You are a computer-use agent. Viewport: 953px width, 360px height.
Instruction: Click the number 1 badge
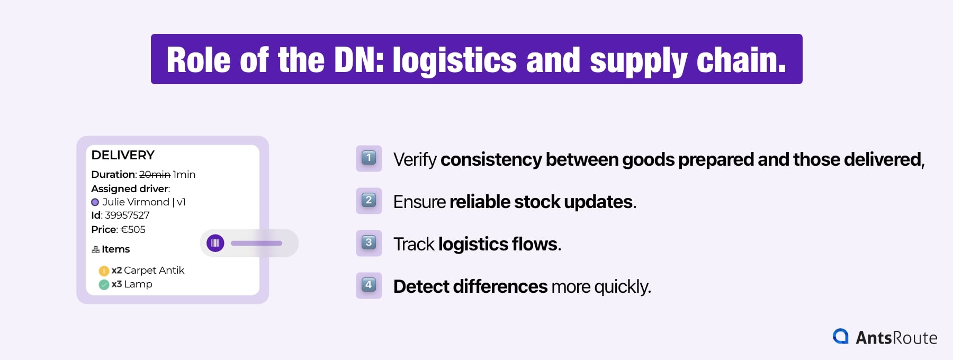click(x=369, y=158)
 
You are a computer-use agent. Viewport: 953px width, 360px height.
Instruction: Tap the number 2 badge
click(x=369, y=200)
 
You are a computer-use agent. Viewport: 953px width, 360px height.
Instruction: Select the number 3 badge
click(x=369, y=242)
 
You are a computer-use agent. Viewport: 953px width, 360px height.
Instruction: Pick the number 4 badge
click(x=369, y=285)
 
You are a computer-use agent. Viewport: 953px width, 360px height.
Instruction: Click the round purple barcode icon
click(x=215, y=243)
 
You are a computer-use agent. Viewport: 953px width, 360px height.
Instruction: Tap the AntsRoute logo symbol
click(x=840, y=337)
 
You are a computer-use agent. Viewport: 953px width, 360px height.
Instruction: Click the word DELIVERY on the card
click(x=123, y=155)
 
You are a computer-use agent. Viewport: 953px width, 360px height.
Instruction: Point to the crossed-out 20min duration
click(x=155, y=174)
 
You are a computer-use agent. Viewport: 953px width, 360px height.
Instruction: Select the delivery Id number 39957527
click(x=127, y=215)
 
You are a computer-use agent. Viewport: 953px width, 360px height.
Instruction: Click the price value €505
click(x=133, y=229)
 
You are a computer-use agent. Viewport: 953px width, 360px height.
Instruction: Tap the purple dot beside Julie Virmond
click(x=95, y=202)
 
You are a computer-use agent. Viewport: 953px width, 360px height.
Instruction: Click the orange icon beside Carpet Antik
click(x=104, y=271)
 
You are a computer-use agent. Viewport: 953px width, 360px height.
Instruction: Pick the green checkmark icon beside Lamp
click(x=104, y=285)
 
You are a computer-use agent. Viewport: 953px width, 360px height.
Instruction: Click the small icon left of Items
click(x=96, y=249)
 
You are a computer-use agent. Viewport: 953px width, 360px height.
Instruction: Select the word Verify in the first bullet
click(x=415, y=159)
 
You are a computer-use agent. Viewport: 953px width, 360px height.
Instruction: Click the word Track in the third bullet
click(x=413, y=244)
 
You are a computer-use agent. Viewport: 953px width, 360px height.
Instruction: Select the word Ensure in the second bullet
click(x=419, y=202)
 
